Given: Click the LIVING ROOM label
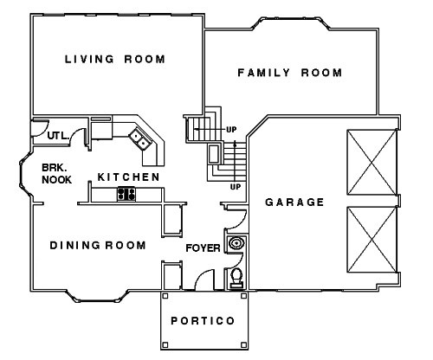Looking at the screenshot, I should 115,59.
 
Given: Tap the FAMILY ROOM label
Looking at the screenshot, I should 290,73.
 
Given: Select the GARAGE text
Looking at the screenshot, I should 294,202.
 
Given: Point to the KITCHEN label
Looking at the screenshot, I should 128,177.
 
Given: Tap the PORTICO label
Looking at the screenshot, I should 203,320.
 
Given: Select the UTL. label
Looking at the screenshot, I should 59,136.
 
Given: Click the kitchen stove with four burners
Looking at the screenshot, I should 127,194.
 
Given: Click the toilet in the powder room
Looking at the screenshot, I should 235,277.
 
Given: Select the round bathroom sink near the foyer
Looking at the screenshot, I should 235,245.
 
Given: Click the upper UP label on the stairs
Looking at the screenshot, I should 231,131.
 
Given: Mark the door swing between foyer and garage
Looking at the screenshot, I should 229,209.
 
